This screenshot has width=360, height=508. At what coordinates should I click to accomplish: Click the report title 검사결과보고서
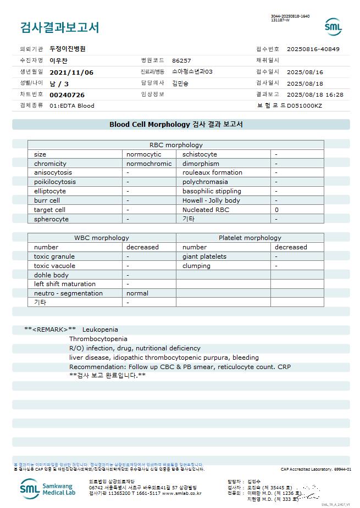59,27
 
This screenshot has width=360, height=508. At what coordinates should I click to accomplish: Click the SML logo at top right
333,26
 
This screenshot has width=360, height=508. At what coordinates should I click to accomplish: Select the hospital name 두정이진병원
68,49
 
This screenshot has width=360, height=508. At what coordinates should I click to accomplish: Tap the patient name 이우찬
59,60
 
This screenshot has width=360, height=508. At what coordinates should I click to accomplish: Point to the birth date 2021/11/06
71,72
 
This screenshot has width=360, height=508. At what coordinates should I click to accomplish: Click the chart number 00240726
67,95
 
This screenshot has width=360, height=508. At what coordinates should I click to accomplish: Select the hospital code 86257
181,60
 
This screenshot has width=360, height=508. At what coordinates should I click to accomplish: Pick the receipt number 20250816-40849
313,49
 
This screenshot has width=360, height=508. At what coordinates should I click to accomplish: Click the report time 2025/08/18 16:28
315,95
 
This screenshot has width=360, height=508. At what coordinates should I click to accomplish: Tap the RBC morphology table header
176,145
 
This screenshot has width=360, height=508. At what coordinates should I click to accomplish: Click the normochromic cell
149,164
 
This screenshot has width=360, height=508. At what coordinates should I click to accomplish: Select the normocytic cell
143,154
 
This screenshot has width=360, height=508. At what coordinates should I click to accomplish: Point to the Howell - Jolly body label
211,200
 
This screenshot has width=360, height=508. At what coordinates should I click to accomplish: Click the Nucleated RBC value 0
276,210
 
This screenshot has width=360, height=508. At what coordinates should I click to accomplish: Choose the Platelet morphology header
250,238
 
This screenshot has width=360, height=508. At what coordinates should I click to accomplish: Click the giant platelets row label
204,256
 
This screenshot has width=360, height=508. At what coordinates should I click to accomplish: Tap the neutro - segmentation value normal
137,293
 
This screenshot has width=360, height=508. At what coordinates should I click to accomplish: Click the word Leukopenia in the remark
100,330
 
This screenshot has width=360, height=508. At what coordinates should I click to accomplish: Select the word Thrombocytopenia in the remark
98,339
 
